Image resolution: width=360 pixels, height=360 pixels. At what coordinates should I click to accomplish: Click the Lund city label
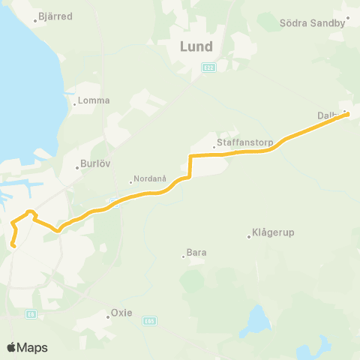196,46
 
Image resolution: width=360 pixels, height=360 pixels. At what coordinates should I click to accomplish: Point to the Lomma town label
95,100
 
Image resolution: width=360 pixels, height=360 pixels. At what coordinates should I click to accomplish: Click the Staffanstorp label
238,141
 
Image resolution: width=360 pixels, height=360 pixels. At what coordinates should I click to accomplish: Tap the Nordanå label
144,180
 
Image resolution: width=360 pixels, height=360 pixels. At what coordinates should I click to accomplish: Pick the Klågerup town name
274,232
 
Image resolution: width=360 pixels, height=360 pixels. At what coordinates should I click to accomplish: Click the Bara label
196,253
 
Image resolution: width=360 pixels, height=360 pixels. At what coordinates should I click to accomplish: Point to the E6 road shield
30,314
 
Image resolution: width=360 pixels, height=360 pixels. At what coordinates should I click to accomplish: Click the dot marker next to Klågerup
249,237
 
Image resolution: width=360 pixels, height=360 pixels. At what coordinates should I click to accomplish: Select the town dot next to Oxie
108,317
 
